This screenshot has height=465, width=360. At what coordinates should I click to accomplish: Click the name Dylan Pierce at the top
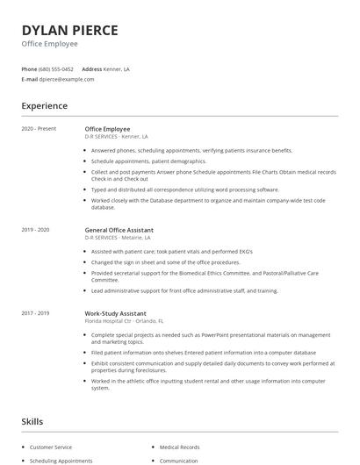(69, 30)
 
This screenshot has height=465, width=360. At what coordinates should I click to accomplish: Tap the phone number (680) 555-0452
(57, 68)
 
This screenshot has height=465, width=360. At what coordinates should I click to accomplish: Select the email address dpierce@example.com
(67, 79)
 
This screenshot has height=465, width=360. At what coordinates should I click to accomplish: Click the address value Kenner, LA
(118, 68)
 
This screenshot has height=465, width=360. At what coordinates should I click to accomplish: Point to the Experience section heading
(44, 106)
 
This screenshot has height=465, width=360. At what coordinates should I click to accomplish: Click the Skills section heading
(32, 422)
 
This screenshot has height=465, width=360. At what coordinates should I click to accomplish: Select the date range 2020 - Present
(39, 129)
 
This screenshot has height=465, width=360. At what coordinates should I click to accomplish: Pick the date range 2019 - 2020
(36, 229)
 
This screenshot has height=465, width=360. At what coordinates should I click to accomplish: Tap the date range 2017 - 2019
(36, 313)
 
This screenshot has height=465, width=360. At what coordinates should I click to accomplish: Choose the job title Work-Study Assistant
(115, 313)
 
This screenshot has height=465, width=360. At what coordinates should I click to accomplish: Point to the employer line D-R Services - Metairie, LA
(118, 237)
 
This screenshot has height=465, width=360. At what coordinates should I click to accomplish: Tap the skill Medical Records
(178, 447)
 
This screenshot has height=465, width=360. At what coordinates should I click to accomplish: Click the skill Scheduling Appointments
(61, 460)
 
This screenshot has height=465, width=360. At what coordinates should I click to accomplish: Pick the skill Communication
(178, 460)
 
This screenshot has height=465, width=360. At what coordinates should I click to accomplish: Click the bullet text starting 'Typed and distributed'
(184, 190)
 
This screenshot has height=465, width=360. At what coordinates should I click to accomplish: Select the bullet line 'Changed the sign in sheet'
(165, 261)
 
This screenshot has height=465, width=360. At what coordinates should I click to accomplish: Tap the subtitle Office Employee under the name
(49, 43)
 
